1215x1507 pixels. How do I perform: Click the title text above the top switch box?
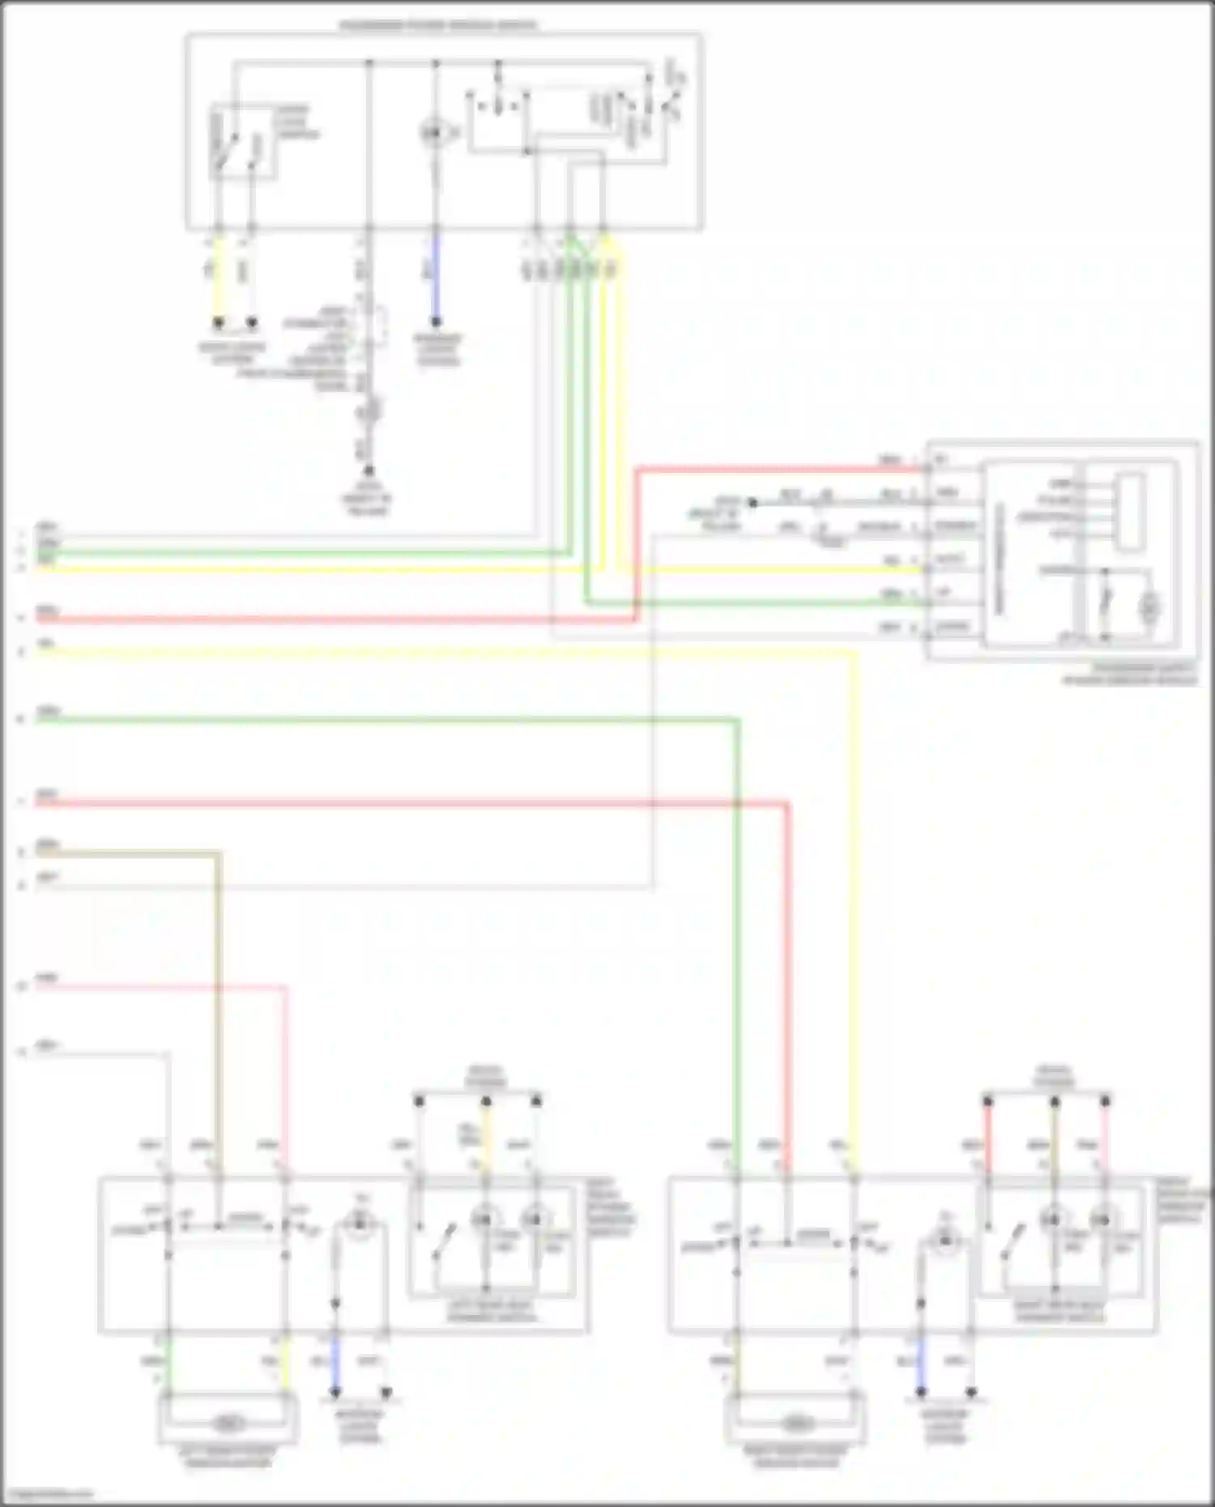pyautogui.click(x=437, y=25)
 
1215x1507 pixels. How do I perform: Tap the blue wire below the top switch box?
pyautogui.click(x=435, y=283)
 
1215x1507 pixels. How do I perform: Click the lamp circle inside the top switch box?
pyautogui.click(x=434, y=132)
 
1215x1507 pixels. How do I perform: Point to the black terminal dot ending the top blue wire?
pyautogui.click(x=436, y=322)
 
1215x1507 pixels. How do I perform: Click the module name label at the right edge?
pyautogui.click(x=1131, y=675)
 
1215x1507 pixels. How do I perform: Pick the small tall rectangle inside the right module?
pyautogui.click(x=1129, y=513)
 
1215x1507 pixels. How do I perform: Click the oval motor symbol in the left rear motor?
pyautogui.click(x=228, y=1423)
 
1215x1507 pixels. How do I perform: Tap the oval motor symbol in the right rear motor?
pyautogui.click(x=797, y=1423)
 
